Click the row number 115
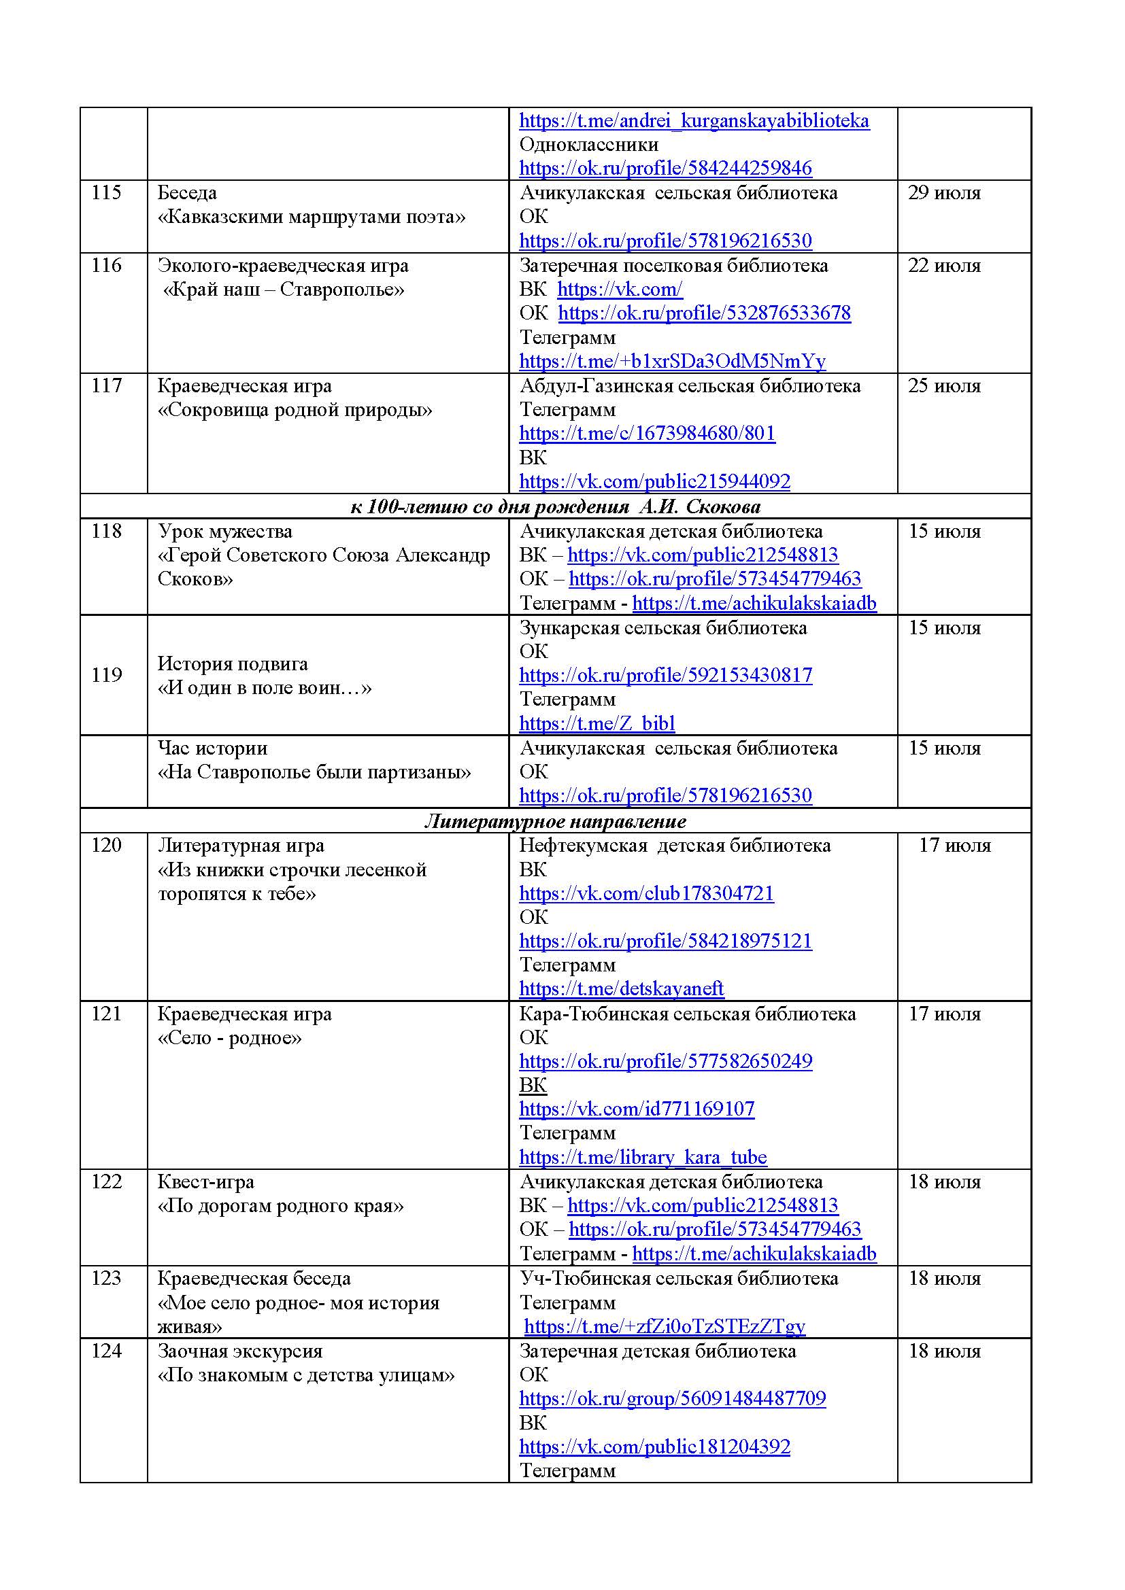(x=106, y=192)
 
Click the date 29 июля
(x=944, y=192)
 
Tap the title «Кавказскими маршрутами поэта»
(x=312, y=217)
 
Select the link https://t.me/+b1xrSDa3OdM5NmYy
(x=672, y=361)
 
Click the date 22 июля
(x=944, y=265)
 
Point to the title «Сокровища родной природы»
(x=295, y=410)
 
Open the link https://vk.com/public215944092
(x=654, y=481)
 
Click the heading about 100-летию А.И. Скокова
(x=556, y=507)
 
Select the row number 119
(x=106, y=674)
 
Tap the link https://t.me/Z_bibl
(x=597, y=723)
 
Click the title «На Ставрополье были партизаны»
(x=314, y=772)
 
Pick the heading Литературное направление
(x=556, y=821)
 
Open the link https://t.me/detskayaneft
(x=622, y=988)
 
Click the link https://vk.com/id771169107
(x=637, y=1109)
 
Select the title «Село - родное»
(x=230, y=1038)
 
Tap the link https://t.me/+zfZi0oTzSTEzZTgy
(x=665, y=1326)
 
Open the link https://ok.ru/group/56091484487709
(x=672, y=1398)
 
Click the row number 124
(x=106, y=1351)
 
